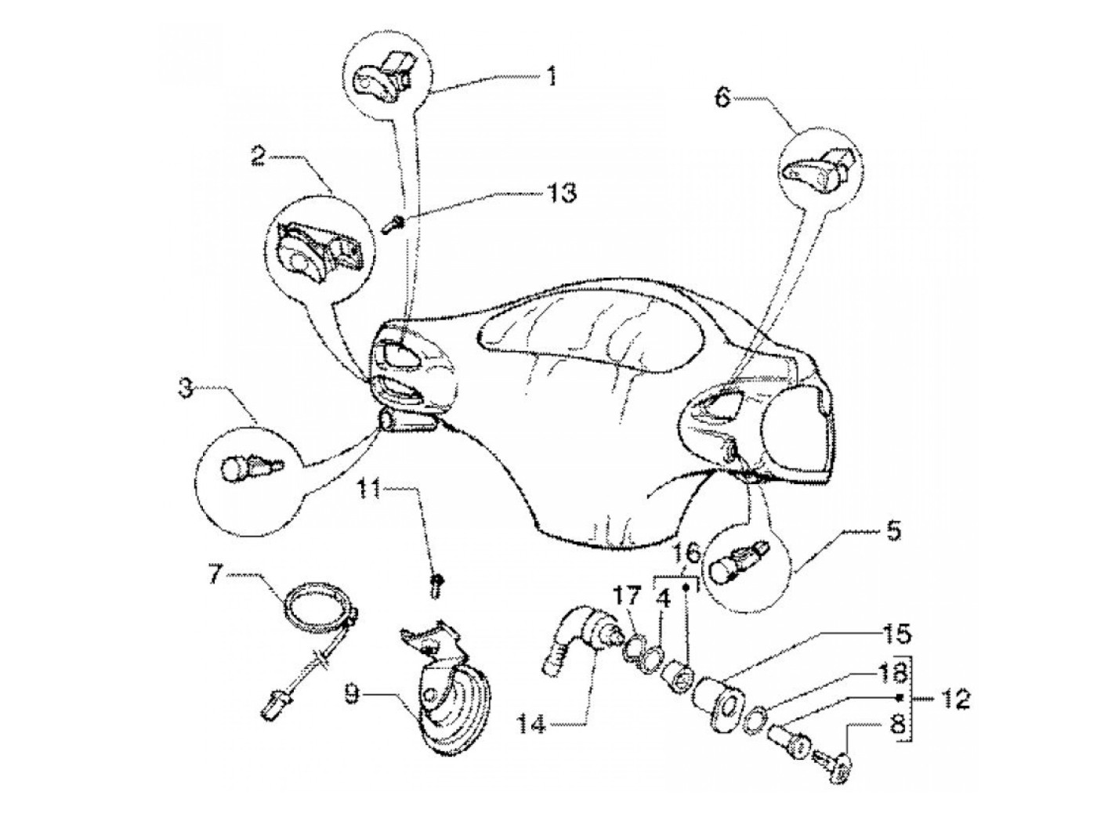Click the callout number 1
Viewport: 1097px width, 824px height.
(552, 76)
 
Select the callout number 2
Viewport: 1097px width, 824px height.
(257, 154)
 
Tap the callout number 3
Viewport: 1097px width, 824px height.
(185, 389)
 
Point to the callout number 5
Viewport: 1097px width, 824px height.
(892, 532)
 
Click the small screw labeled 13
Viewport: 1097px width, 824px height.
(392, 224)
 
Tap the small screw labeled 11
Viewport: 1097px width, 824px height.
(436, 584)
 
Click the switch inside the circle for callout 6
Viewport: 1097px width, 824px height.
(820, 165)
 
